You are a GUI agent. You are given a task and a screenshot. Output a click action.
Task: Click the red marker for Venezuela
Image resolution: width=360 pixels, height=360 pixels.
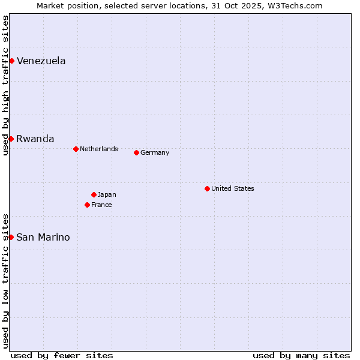point(11,61)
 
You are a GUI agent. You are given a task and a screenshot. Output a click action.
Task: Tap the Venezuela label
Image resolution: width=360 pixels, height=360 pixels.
point(41,61)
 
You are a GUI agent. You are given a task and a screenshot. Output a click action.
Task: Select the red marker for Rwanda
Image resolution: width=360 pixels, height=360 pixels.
point(11,139)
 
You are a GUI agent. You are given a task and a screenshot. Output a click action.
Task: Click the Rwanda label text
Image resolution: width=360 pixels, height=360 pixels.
point(35,139)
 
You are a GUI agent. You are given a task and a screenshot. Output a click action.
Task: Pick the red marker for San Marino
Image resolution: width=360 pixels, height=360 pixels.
point(11,237)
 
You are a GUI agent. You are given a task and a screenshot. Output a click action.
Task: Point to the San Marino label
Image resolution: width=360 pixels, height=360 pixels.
point(43,237)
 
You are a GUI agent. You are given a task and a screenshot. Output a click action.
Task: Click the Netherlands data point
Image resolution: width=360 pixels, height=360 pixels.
point(76,149)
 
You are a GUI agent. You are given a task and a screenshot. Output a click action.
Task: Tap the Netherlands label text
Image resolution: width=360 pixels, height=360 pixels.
point(98,149)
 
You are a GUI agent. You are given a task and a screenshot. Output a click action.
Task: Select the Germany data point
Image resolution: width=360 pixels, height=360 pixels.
point(136,152)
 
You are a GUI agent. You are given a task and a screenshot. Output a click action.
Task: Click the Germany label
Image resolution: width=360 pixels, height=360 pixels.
point(154,152)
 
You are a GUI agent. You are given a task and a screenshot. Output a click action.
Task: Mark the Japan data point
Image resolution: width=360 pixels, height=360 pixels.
point(94,194)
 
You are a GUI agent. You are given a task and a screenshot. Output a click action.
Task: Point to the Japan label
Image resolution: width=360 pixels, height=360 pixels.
point(107,194)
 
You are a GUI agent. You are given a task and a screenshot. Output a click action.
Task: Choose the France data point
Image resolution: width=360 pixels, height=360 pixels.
point(87,205)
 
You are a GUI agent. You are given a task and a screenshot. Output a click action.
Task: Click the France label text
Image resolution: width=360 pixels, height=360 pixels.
point(101,205)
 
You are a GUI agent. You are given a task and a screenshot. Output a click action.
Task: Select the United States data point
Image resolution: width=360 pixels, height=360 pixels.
point(207,188)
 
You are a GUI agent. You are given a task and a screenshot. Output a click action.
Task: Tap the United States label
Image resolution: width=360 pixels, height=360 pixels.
point(232,188)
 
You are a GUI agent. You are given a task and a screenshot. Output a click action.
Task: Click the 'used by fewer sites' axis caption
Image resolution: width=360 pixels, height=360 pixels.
point(62,355)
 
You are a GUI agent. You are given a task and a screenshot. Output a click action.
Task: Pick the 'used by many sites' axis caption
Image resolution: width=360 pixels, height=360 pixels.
point(301,355)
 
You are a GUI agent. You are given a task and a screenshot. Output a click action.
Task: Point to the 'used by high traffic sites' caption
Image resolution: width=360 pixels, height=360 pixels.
point(5,85)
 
